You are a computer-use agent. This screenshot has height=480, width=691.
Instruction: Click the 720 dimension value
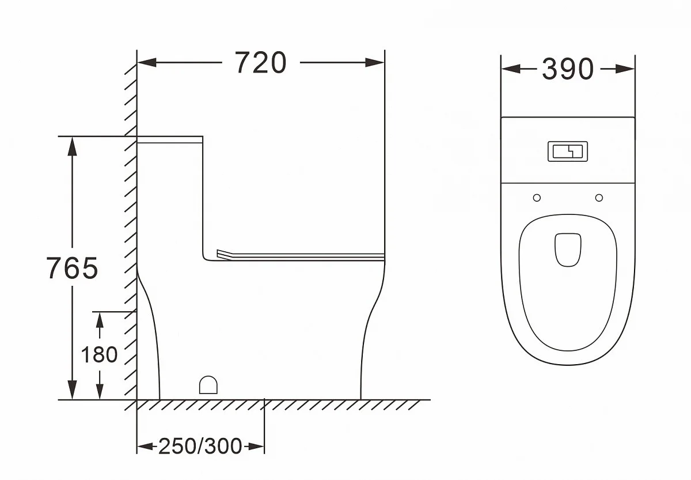(261, 63)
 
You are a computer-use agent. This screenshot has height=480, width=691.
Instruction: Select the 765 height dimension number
(72, 268)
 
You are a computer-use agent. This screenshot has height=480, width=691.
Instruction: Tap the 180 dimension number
(99, 354)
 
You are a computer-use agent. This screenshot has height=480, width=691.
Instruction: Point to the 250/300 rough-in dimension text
(200, 446)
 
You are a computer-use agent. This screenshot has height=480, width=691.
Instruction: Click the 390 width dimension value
(568, 69)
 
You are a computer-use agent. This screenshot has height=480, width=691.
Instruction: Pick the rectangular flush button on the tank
(568, 151)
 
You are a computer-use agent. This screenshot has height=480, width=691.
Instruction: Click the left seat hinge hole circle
(537, 198)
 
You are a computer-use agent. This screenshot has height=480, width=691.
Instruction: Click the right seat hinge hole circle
(599, 198)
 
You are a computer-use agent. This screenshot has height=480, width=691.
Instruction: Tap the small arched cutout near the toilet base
(208, 384)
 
